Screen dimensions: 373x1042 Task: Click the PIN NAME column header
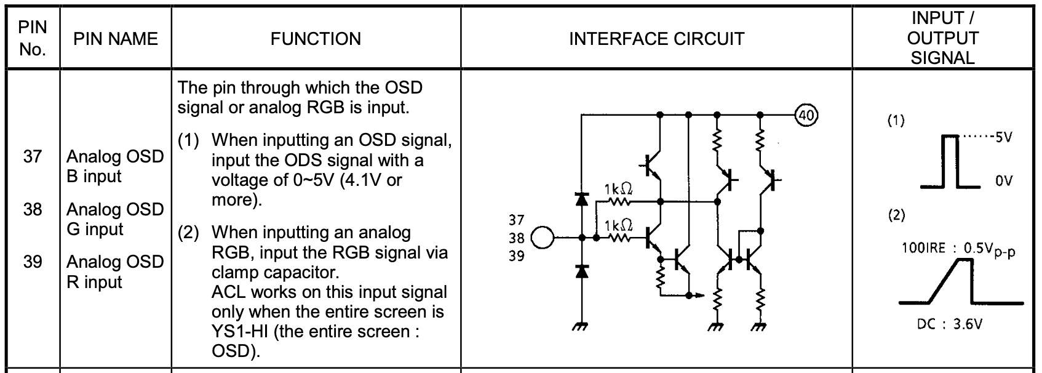[x=116, y=39]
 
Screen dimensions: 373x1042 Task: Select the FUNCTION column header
[x=316, y=39]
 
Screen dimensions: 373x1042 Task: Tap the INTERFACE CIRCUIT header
[x=656, y=39]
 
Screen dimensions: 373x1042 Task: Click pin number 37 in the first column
[x=33, y=156]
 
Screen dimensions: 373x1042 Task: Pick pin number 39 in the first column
[x=33, y=262]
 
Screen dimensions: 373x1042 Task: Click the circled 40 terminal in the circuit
[x=807, y=114]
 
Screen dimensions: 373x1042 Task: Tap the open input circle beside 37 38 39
[x=543, y=238]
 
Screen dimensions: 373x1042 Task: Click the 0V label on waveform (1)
[x=1003, y=182]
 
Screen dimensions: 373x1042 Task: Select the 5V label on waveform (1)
[x=1003, y=137]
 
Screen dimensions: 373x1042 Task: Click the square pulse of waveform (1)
[x=951, y=160]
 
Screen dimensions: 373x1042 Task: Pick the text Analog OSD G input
[x=115, y=219]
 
